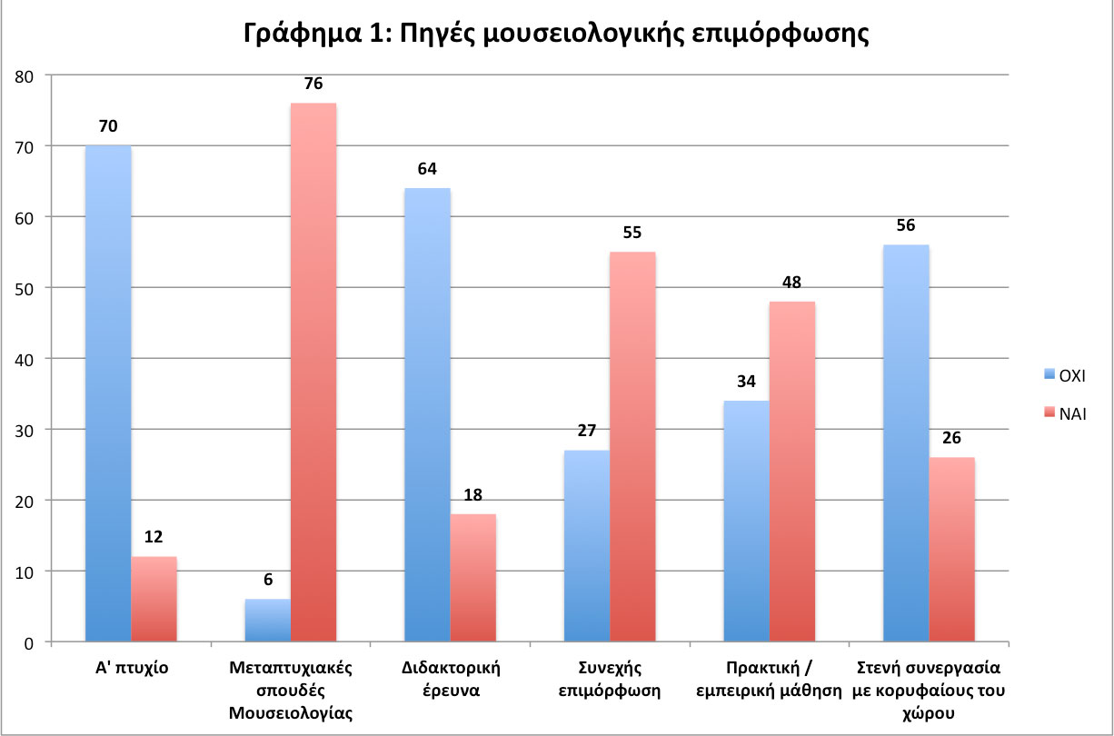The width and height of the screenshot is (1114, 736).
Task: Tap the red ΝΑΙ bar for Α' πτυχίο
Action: tap(154, 599)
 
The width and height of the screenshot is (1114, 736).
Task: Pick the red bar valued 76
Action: tap(313, 373)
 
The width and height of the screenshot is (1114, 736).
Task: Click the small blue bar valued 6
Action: tap(268, 621)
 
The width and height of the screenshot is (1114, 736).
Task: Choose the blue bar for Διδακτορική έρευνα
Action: tap(427, 414)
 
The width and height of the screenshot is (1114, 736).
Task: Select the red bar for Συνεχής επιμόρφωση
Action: tap(632, 446)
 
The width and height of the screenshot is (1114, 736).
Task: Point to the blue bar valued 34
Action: tap(747, 521)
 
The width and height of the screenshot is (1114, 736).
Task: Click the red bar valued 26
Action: tap(952, 549)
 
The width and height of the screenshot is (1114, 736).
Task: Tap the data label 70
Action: tap(108, 126)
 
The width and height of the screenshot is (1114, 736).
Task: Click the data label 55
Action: tap(632, 233)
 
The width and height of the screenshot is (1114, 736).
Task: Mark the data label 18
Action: tap(472, 495)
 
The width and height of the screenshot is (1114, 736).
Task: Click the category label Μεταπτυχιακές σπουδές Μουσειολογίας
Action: tap(291, 690)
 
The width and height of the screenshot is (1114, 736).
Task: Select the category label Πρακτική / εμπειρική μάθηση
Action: tap(770, 679)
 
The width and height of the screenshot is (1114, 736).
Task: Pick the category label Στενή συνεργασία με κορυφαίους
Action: tap(929, 690)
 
